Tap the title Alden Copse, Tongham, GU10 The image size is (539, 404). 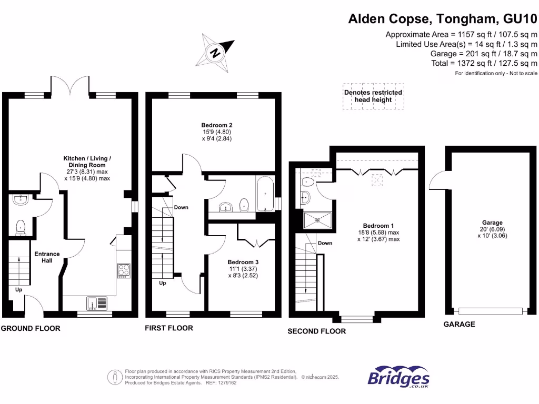pos(443,19)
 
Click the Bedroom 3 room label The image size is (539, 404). pos(243,262)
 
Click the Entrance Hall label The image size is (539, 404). pos(47,257)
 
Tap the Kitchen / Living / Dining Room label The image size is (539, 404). pos(87,161)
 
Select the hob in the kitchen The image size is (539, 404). pos(124,270)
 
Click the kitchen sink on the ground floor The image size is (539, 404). pos(97,303)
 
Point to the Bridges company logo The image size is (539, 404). pos(398,377)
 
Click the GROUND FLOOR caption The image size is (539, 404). pos(31,328)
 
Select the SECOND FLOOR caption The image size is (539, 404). pos(316,331)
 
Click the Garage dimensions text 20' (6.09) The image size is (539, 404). pos(493,229)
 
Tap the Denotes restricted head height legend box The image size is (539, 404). pos(373,96)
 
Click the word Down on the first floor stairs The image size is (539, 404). pos(181,207)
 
